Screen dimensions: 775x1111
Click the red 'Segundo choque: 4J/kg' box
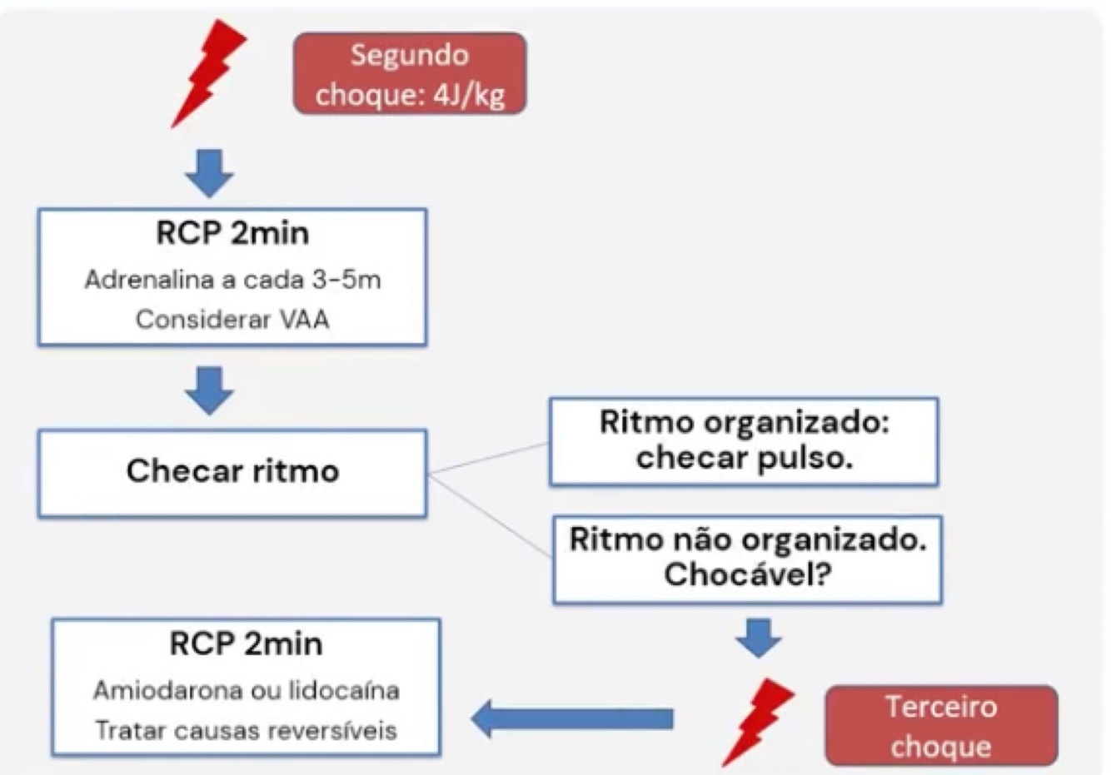(x=409, y=74)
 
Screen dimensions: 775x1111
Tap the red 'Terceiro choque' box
(x=940, y=725)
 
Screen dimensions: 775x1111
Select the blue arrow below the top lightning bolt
(x=209, y=172)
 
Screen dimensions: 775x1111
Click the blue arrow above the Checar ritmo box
(x=209, y=390)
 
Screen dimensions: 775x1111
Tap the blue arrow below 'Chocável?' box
(x=759, y=637)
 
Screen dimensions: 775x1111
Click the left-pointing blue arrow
(x=573, y=718)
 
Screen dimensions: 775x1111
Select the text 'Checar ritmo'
(x=232, y=471)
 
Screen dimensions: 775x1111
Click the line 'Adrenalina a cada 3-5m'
(x=232, y=280)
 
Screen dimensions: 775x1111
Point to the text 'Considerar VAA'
(x=232, y=319)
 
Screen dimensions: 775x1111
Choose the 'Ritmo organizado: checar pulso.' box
(x=744, y=441)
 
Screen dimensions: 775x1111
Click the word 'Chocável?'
(x=747, y=575)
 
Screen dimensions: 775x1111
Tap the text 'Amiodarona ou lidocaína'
(x=246, y=690)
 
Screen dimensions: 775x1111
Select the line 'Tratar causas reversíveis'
(x=246, y=730)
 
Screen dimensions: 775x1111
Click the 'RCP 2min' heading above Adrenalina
(x=232, y=233)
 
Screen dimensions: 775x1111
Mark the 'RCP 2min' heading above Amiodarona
(x=246, y=643)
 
